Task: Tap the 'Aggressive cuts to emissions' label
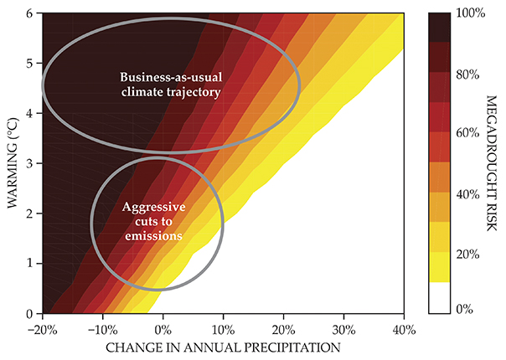(x=153, y=222)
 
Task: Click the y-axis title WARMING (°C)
(x=13, y=164)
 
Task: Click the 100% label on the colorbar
(x=470, y=13)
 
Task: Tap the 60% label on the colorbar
(x=467, y=134)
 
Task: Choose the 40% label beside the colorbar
(x=467, y=194)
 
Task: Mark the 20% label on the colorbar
(x=467, y=255)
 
